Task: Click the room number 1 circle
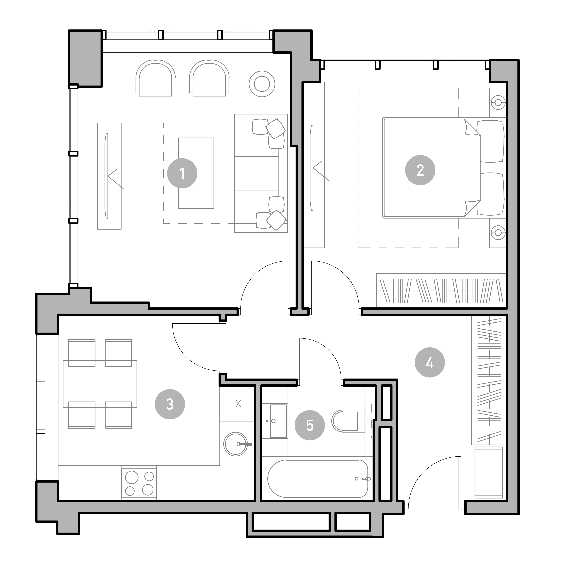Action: coord(182,173)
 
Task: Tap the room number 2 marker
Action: coord(420,170)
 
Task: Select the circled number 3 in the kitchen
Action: coord(170,404)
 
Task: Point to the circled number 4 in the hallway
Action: coord(430,362)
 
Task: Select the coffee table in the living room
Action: coord(196,173)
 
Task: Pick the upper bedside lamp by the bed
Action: coord(498,102)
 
